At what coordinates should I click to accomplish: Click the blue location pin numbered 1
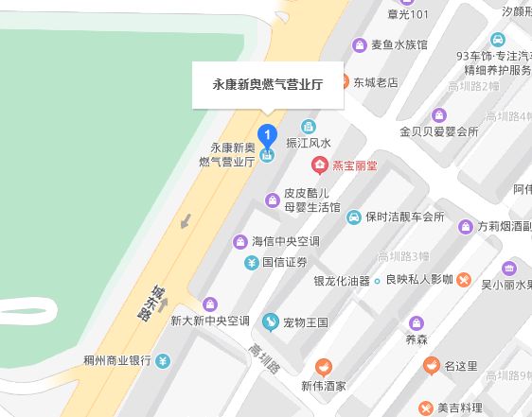click(x=268, y=134)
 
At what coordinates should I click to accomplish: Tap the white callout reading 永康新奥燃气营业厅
click(x=268, y=84)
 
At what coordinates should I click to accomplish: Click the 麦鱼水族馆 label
click(x=399, y=44)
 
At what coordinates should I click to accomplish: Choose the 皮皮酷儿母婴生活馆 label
click(x=311, y=199)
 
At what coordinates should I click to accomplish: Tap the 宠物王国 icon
click(x=271, y=322)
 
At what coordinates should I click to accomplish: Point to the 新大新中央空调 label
click(x=209, y=321)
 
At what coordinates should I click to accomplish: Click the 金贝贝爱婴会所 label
click(x=439, y=131)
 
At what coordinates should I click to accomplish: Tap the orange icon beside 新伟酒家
click(x=324, y=366)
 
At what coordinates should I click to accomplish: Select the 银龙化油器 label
click(x=342, y=281)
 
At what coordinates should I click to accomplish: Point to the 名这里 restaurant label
click(x=464, y=365)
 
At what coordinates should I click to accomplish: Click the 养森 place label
click(x=417, y=339)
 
